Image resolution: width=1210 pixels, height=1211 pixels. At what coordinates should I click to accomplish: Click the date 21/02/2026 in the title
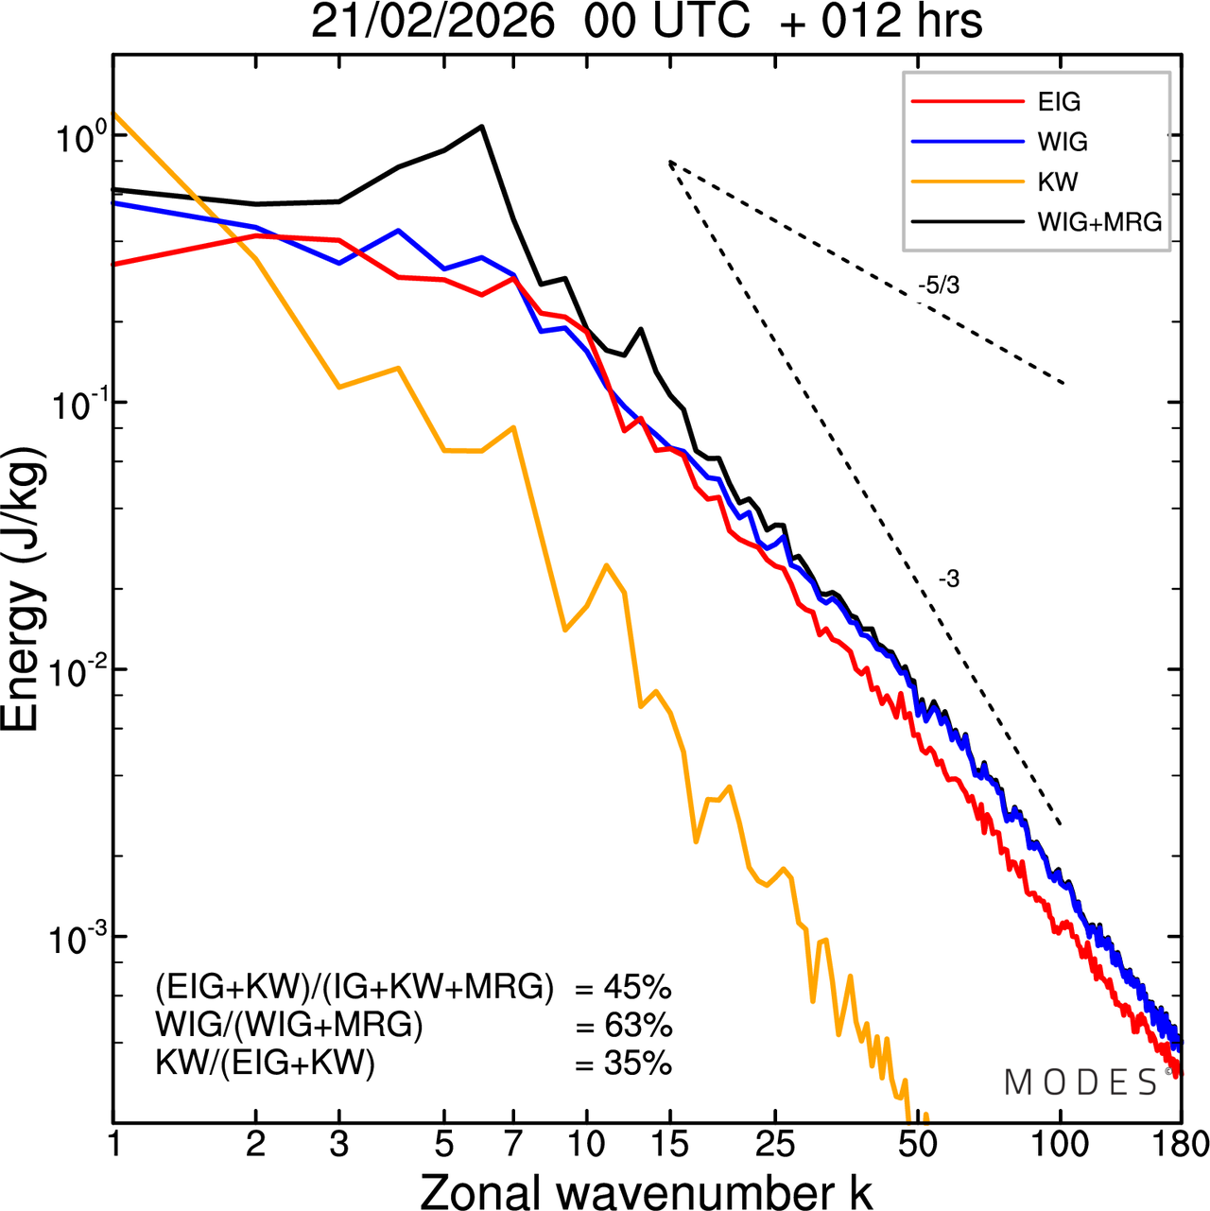[x=432, y=21]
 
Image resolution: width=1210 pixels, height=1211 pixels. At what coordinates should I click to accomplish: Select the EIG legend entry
[x=1059, y=102]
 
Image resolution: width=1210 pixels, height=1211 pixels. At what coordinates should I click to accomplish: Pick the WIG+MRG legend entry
[x=1099, y=222]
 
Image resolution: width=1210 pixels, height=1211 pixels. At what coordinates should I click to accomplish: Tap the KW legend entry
[x=1058, y=182]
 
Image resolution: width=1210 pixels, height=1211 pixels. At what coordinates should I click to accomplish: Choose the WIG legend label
[x=1063, y=142]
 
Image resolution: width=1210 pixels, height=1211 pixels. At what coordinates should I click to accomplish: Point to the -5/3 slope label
[x=938, y=285]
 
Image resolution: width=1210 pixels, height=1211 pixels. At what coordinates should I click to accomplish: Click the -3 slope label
[x=948, y=580]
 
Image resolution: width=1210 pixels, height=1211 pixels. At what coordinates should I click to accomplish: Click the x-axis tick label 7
[x=513, y=1145]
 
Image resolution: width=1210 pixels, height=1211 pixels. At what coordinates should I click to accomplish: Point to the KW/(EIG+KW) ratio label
[x=265, y=1064]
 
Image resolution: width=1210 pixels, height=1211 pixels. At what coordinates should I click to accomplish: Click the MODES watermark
[x=1080, y=1083]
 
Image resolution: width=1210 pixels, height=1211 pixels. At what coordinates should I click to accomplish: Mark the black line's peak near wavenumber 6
[x=482, y=126]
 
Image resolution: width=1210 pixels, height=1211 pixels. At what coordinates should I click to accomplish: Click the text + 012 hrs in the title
[x=881, y=21]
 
